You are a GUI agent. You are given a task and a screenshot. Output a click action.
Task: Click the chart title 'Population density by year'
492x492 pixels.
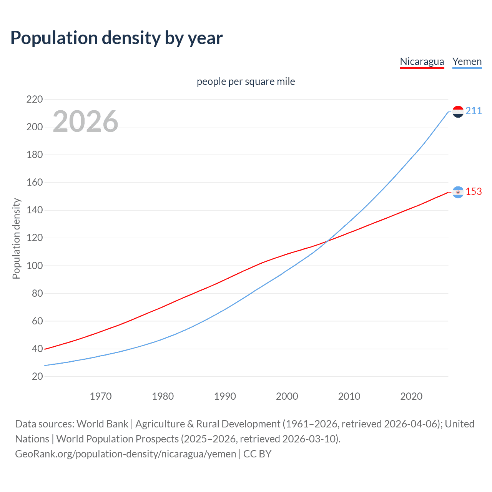tap(116, 38)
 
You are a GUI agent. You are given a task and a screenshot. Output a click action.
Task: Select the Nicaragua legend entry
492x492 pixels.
tap(422, 62)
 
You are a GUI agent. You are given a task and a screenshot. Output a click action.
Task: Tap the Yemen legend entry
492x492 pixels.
tap(467, 62)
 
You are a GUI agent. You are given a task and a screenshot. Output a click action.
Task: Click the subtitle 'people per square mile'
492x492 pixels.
tap(246, 82)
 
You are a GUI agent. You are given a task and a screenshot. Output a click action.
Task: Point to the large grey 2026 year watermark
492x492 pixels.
tap(85, 122)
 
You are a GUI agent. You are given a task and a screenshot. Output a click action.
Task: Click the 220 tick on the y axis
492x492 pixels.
tap(35, 100)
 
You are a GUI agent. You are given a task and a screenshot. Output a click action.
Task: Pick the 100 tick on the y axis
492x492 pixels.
tap(35, 266)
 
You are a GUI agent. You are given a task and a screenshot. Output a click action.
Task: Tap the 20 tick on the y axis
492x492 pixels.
tap(37, 376)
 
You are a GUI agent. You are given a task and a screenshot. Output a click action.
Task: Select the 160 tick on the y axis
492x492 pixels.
tap(35, 183)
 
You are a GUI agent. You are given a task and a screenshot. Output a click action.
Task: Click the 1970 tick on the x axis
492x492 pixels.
tap(101, 396)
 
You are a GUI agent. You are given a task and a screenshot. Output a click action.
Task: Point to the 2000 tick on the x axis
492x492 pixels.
tap(287, 396)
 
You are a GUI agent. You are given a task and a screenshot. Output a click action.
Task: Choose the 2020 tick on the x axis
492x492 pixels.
tap(411, 396)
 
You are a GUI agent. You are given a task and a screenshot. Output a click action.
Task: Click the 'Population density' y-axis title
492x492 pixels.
tap(16, 238)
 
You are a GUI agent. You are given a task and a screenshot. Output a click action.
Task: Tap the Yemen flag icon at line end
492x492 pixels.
tap(458, 111)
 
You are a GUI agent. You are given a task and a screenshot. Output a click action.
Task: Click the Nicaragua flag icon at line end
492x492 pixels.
tap(458, 192)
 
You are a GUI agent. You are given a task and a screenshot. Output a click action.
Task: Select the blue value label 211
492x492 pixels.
tap(474, 111)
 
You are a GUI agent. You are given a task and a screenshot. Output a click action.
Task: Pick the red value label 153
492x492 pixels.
tap(474, 191)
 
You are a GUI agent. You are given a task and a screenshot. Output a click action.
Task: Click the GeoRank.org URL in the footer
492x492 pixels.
tap(125, 454)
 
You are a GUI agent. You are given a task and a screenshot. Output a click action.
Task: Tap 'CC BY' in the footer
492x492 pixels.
tap(257, 454)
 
